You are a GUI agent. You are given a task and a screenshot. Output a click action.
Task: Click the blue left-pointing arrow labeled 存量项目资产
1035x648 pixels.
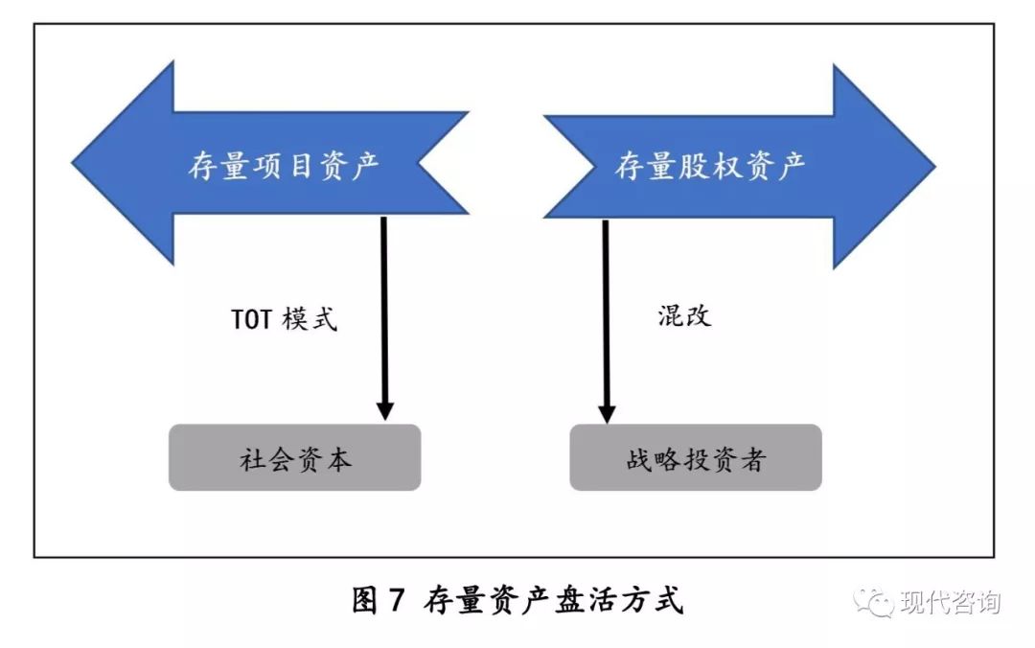[x=278, y=165]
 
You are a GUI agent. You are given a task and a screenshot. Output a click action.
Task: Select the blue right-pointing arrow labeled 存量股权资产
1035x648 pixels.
[x=728, y=165]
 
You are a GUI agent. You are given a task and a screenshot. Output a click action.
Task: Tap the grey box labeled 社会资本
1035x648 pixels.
[x=295, y=458]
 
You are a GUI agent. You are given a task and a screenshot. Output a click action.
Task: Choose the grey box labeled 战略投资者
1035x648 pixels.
[x=695, y=458]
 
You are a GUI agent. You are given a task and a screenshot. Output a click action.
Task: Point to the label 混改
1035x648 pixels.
[x=684, y=315]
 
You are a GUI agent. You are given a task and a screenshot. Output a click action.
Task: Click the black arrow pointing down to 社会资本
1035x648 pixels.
[x=384, y=307]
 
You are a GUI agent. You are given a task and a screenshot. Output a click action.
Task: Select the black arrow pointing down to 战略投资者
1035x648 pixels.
[x=606, y=307]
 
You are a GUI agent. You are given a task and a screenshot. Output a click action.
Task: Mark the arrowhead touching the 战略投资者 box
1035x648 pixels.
[x=606, y=411]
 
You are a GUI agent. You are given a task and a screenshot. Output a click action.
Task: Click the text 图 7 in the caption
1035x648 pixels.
[x=379, y=601]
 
